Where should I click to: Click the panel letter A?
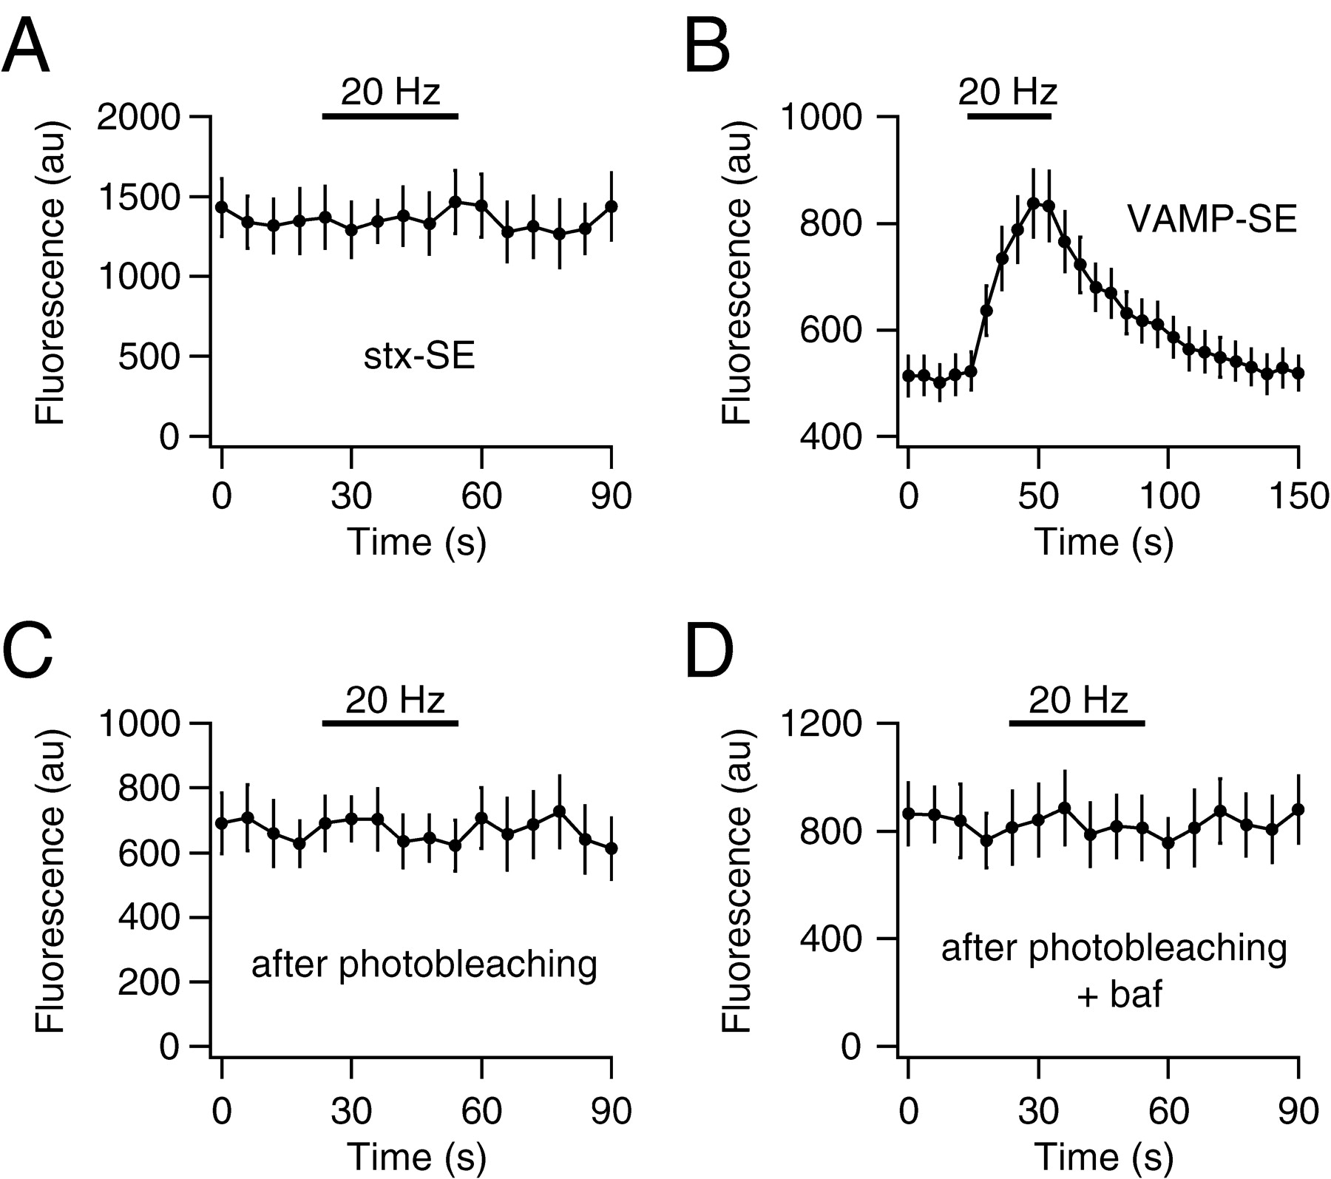[x=26, y=48]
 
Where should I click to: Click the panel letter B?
[x=708, y=48]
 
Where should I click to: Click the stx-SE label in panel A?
[x=419, y=357]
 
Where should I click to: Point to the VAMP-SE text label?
[x=1212, y=220]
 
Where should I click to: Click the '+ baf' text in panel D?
[x=1120, y=995]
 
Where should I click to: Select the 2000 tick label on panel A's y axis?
[x=138, y=118]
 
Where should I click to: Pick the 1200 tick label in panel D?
[x=822, y=723]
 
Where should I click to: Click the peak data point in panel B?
[x=1034, y=202]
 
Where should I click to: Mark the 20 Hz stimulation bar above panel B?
[x=1009, y=116]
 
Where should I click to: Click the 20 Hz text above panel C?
[x=395, y=699]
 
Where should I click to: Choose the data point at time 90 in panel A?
[x=611, y=206]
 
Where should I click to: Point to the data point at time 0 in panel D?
[x=908, y=813]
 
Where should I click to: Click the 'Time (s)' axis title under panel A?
[x=416, y=542]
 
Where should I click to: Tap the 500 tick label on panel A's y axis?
[x=148, y=357]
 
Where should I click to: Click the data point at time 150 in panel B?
[x=1299, y=373]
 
